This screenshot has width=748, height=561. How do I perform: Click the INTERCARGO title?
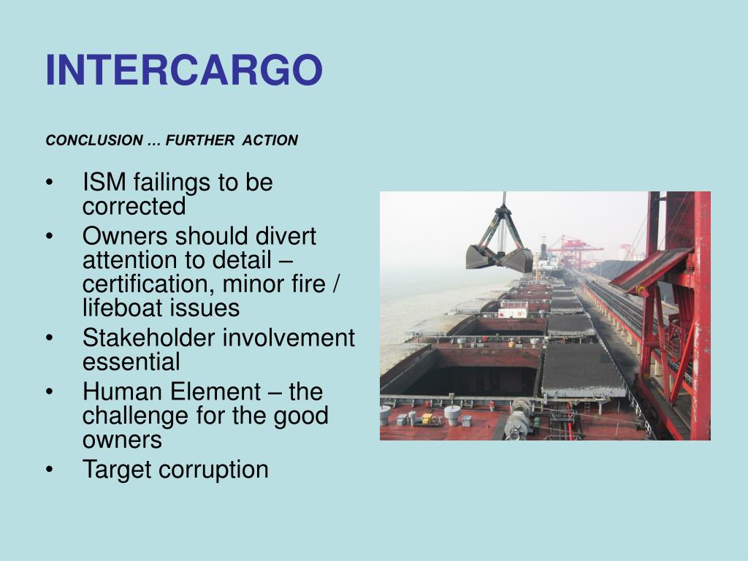183,70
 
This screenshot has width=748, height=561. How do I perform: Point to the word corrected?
134,207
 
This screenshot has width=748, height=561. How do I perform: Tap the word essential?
131,362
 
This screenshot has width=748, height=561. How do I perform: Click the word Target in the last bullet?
115,469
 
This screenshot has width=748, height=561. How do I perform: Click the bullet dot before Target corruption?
49,470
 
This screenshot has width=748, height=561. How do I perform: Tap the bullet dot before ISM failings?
49,183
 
